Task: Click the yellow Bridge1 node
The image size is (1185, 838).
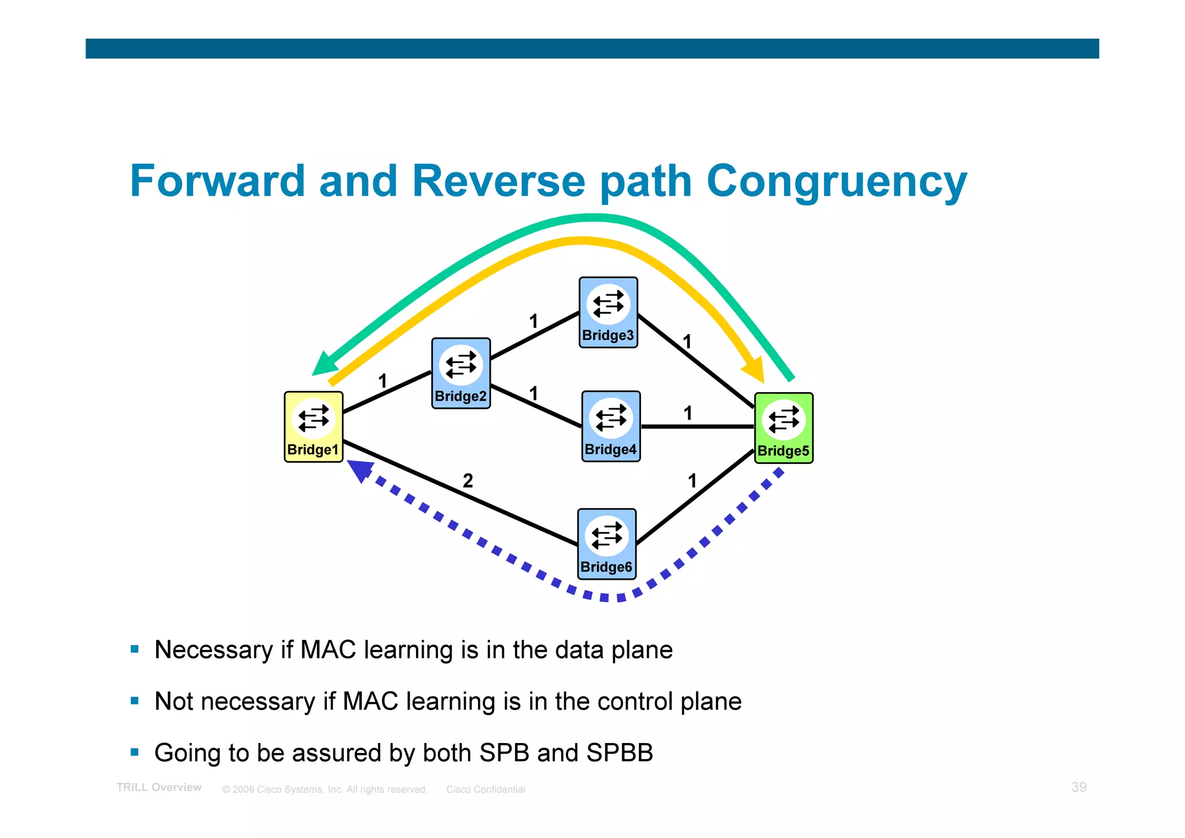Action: click(x=313, y=427)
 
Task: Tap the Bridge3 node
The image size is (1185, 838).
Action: click(x=608, y=312)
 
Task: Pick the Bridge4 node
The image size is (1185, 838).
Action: click(x=610, y=426)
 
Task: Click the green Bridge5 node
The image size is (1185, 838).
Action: click(x=783, y=428)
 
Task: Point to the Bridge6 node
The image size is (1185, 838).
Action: click(x=606, y=544)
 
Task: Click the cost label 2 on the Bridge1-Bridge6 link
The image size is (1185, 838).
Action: click(x=468, y=481)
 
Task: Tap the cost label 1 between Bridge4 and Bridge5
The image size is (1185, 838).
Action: click(x=687, y=413)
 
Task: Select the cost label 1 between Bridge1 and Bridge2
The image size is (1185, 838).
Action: click(x=382, y=381)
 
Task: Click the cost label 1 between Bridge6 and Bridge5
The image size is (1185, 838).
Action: click(x=692, y=481)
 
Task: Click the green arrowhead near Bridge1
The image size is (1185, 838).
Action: click(x=325, y=365)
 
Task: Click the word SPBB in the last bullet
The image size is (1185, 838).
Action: click(x=619, y=753)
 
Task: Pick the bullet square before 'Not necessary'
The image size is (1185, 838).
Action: click(x=135, y=701)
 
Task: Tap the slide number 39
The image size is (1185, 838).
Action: click(x=1079, y=787)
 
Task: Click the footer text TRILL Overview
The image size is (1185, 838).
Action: click(x=159, y=788)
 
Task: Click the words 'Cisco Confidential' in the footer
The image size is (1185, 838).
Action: click(x=485, y=789)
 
